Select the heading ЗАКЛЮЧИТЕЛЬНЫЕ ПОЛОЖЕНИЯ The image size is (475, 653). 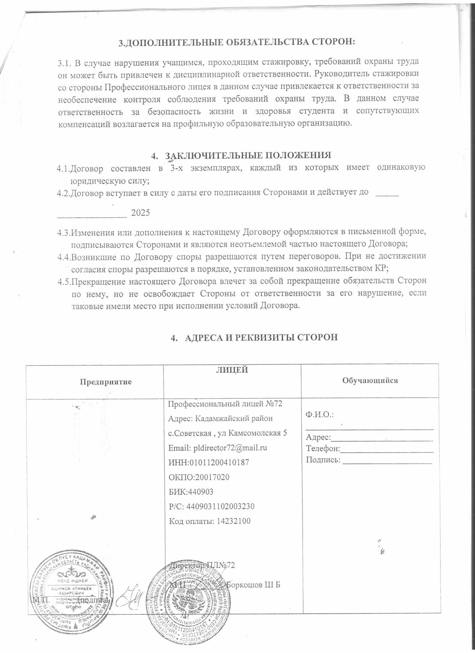tap(248, 155)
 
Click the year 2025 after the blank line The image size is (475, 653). tap(140, 213)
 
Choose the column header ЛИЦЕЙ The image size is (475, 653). tap(232, 370)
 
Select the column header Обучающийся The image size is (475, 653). tap(370, 380)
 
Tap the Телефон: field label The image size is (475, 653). tap(323, 449)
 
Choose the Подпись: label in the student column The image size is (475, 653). tap(323, 460)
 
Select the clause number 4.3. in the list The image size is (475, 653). tap(63, 233)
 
